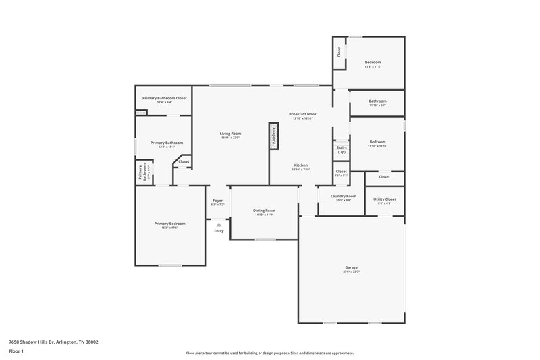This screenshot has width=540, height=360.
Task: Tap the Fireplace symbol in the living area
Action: point(273,136)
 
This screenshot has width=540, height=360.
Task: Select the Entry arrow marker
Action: point(219,225)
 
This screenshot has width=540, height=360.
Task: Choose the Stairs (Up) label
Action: point(342,150)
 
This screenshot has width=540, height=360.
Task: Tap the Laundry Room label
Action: point(343,197)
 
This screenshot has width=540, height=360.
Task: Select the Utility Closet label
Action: point(385,200)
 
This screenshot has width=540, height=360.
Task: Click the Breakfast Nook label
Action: point(302,115)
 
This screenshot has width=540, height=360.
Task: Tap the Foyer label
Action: point(218,201)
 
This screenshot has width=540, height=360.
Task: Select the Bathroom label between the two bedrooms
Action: point(377,102)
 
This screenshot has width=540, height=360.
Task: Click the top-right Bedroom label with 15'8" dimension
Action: point(373,63)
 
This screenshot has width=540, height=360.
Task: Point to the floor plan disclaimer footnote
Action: point(269,353)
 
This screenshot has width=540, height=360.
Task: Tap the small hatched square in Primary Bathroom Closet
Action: point(140,113)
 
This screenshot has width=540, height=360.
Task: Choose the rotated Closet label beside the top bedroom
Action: point(339,51)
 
